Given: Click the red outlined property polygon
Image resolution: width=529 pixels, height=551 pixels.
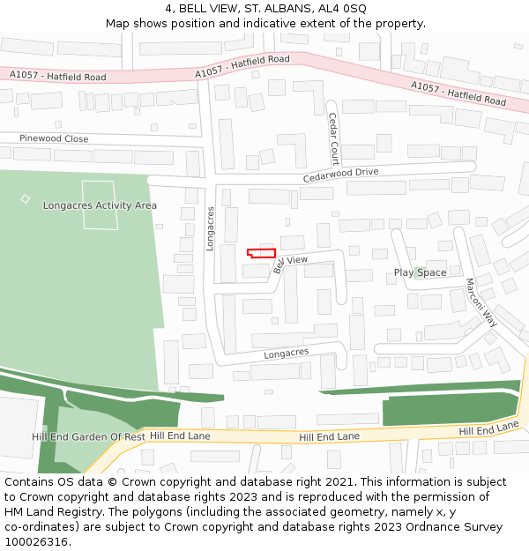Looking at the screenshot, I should point(261,253).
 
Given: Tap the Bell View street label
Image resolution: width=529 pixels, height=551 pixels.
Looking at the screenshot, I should point(290,262).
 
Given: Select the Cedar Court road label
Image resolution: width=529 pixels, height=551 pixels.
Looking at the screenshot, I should point(333,138).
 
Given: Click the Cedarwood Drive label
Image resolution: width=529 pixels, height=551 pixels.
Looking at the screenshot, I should point(340,175).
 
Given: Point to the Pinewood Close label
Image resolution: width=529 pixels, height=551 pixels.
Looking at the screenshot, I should point(55,138).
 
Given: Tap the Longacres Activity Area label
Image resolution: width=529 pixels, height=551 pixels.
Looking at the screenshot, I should point(100,205).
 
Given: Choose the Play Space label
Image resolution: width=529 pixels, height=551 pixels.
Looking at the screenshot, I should point(420,272).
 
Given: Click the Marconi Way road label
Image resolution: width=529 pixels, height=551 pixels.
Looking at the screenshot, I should point(481,302).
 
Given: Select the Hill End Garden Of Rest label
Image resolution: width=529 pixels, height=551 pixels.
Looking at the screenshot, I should point(88,436).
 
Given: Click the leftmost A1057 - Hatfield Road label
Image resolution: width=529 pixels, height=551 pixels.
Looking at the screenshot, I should point(58,77).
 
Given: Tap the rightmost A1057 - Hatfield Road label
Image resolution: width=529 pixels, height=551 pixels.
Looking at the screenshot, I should point(458,92).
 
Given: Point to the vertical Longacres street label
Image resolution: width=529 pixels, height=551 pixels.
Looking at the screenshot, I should point(211,229).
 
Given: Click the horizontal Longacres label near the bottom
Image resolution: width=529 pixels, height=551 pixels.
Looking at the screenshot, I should point(287,353).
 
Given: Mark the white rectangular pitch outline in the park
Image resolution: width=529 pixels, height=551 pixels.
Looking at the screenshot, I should point(99,205).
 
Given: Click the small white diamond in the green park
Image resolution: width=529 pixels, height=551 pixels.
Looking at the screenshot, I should point(25,198).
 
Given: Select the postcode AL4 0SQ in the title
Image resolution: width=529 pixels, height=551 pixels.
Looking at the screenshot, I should point(346,8).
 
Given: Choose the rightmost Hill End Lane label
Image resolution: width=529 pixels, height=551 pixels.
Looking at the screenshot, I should point(489,428).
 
